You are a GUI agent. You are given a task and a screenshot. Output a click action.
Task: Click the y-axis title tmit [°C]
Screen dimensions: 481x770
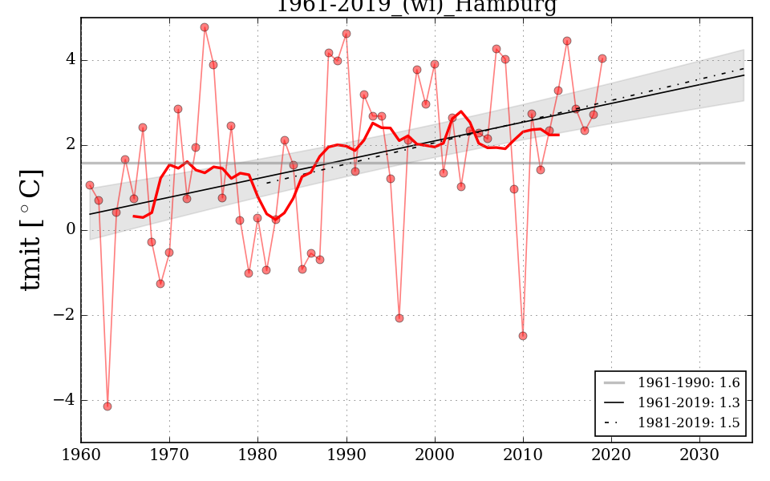(x=30, y=230)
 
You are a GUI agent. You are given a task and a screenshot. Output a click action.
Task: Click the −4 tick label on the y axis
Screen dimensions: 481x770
(x=63, y=400)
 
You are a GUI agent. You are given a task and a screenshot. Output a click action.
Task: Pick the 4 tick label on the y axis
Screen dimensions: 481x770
(x=70, y=60)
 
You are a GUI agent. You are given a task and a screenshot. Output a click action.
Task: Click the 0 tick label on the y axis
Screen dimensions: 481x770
(x=70, y=230)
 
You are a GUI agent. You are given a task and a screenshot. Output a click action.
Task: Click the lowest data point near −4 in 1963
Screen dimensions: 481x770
(x=107, y=406)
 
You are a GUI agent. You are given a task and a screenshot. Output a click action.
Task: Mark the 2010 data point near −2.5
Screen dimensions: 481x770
(x=523, y=336)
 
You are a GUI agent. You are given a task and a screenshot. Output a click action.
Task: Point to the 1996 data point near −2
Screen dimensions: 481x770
(x=399, y=318)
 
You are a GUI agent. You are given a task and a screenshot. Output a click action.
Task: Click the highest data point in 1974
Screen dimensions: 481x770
(x=205, y=27)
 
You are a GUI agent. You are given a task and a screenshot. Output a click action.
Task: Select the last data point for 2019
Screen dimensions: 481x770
(x=602, y=59)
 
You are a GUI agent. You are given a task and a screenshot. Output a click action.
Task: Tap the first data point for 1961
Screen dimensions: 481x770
(x=90, y=185)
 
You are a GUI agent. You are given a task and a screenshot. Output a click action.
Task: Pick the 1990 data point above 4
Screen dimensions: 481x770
(x=346, y=34)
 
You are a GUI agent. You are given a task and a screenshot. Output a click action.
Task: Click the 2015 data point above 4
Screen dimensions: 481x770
(x=567, y=41)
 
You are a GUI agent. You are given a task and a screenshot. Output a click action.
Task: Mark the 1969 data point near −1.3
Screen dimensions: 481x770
(x=160, y=284)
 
